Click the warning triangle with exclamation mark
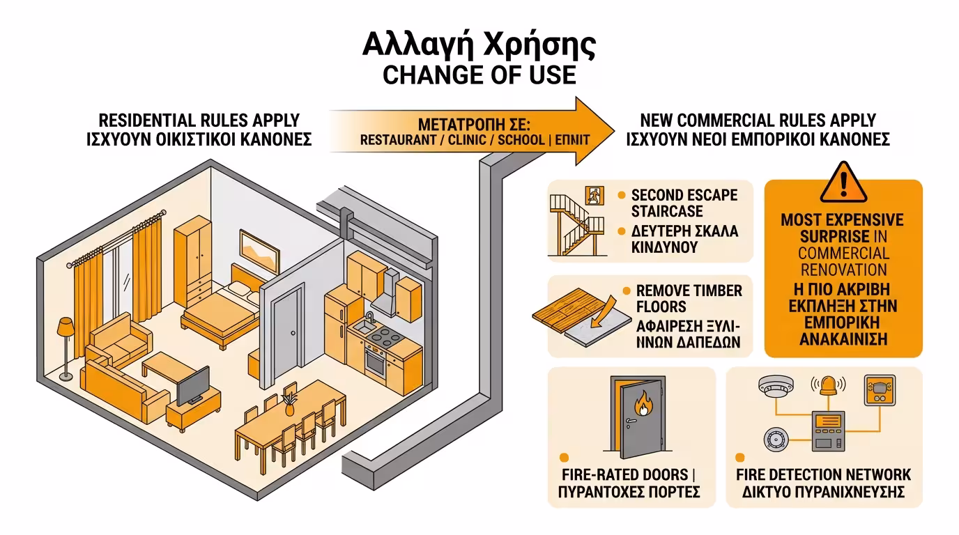pyautogui.click(x=843, y=183)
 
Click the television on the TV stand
pyautogui.click(x=191, y=385)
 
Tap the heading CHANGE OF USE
pyautogui.click(x=479, y=75)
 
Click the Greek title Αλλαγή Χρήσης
pyautogui.click(x=479, y=45)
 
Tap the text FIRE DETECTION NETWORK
pyautogui.click(x=823, y=475)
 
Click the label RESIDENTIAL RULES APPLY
pyautogui.click(x=199, y=119)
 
